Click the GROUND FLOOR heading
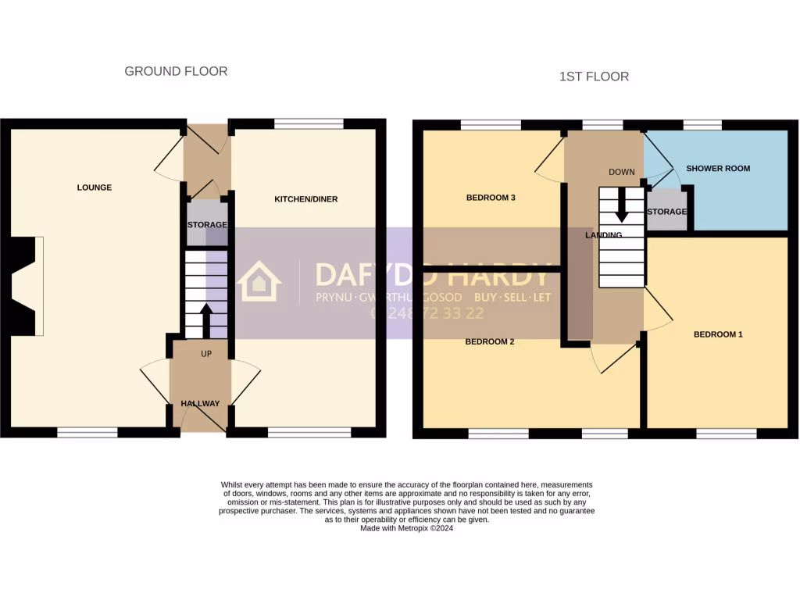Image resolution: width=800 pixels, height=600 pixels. click(x=176, y=71)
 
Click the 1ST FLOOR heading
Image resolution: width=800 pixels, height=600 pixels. click(x=594, y=77)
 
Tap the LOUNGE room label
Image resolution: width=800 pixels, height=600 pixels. click(x=94, y=187)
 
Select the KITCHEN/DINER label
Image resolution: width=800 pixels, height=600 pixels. click(x=305, y=199)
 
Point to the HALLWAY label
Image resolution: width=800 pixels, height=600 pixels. click(x=200, y=403)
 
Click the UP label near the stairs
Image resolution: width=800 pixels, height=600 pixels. click(x=206, y=354)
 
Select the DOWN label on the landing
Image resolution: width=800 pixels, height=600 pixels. click(x=622, y=172)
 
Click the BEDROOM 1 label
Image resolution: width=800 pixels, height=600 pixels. click(x=718, y=334)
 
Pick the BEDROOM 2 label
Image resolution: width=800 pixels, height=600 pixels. click(x=489, y=341)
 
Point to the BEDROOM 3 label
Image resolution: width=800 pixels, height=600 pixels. click(x=491, y=198)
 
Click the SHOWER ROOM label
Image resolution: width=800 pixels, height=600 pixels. click(x=718, y=168)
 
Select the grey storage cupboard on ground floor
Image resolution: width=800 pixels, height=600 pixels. click(x=206, y=223)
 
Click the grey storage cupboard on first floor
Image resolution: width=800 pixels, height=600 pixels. click(x=666, y=211)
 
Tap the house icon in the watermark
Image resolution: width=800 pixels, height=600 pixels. click(x=259, y=281)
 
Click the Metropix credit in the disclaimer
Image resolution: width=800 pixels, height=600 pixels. click(x=406, y=528)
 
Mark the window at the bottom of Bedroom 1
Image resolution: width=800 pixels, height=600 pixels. click(x=726, y=433)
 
